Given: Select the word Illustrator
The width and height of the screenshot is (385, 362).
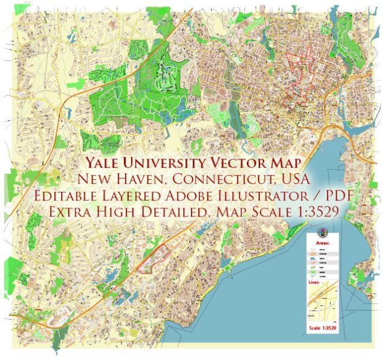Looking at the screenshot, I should (x=277, y=197).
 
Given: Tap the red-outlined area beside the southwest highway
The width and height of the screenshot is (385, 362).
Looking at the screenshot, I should (x=154, y=260).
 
